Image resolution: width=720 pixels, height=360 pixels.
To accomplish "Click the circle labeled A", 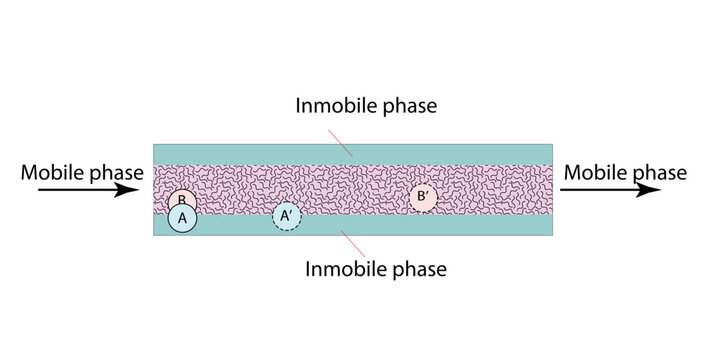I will click(182, 217).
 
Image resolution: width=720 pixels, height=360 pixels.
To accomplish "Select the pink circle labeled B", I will click(179, 199).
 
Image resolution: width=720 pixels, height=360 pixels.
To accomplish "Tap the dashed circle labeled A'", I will click(287, 216).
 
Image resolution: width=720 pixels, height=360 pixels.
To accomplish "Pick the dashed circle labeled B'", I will click(423, 198).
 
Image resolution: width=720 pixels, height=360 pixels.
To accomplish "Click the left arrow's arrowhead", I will click(141, 190).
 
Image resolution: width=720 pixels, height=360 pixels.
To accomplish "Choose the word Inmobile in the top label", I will click(330, 105).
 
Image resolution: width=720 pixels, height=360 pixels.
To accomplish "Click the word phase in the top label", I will click(404, 105).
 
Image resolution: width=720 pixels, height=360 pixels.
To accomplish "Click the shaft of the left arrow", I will click(80, 190).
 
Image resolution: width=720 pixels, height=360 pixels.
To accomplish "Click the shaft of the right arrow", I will click(600, 190).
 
